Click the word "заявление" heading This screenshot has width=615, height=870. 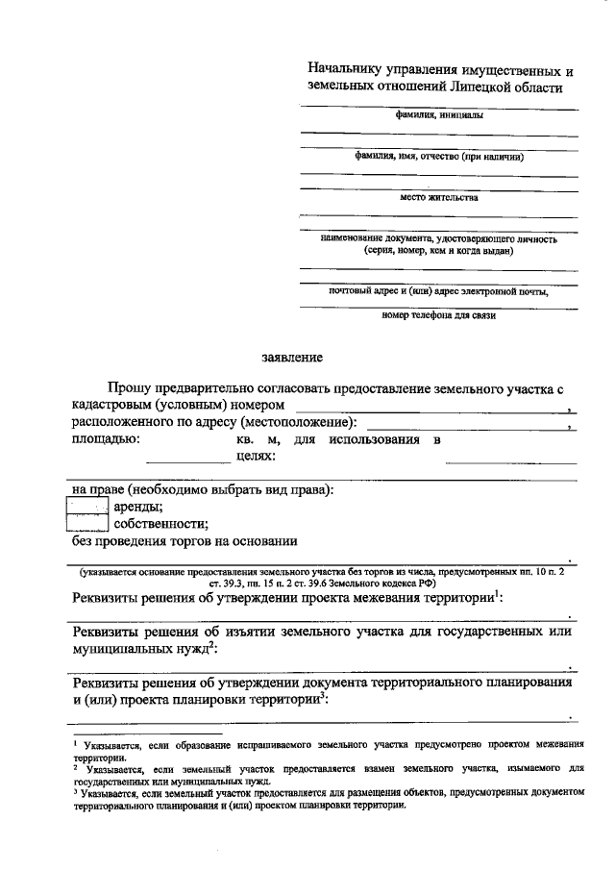point(293,357)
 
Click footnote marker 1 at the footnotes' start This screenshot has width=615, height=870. point(76,741)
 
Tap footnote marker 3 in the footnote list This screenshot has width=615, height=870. point(76,790)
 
